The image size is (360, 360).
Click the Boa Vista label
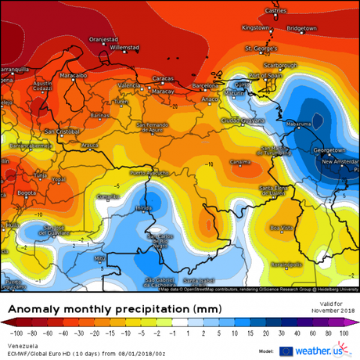point(279,228)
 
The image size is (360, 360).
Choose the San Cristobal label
point(62,131)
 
